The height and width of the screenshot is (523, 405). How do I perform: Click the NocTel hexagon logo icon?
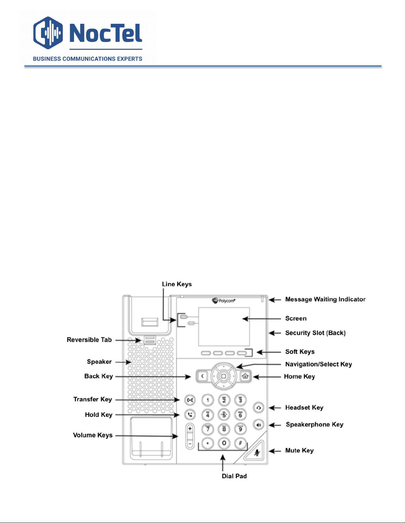[x=48, y=33]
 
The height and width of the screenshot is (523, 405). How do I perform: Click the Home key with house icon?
[x=245, y=376]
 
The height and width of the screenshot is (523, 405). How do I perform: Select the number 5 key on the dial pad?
[x=224, y=415]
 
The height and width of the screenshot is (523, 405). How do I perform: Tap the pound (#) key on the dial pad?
[x=240, y=443]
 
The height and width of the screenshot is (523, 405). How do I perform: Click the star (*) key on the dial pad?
[x=208, y=443]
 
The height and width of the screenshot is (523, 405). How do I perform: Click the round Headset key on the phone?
[x=259, y=408]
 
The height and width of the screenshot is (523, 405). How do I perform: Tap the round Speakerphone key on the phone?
[x=259, y=424]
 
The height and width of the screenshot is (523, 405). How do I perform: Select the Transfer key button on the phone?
[x=190, y=400]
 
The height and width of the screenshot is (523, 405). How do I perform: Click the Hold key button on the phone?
[x=190, y=415]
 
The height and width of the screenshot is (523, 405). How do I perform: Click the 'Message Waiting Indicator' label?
[x=325, y=299]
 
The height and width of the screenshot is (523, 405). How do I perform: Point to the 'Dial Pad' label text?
[x=234, y=476]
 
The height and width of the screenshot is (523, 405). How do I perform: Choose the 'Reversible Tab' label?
[x=89, y=340]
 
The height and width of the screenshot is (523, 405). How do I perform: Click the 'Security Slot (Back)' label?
[x=315, y=333]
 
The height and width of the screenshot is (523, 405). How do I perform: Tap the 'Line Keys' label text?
[x=177, y=284]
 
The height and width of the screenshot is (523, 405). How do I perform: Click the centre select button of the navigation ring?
[x=223, y=376]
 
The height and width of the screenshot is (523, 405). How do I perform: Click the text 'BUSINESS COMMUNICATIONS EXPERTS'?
[x=88, y=59]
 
